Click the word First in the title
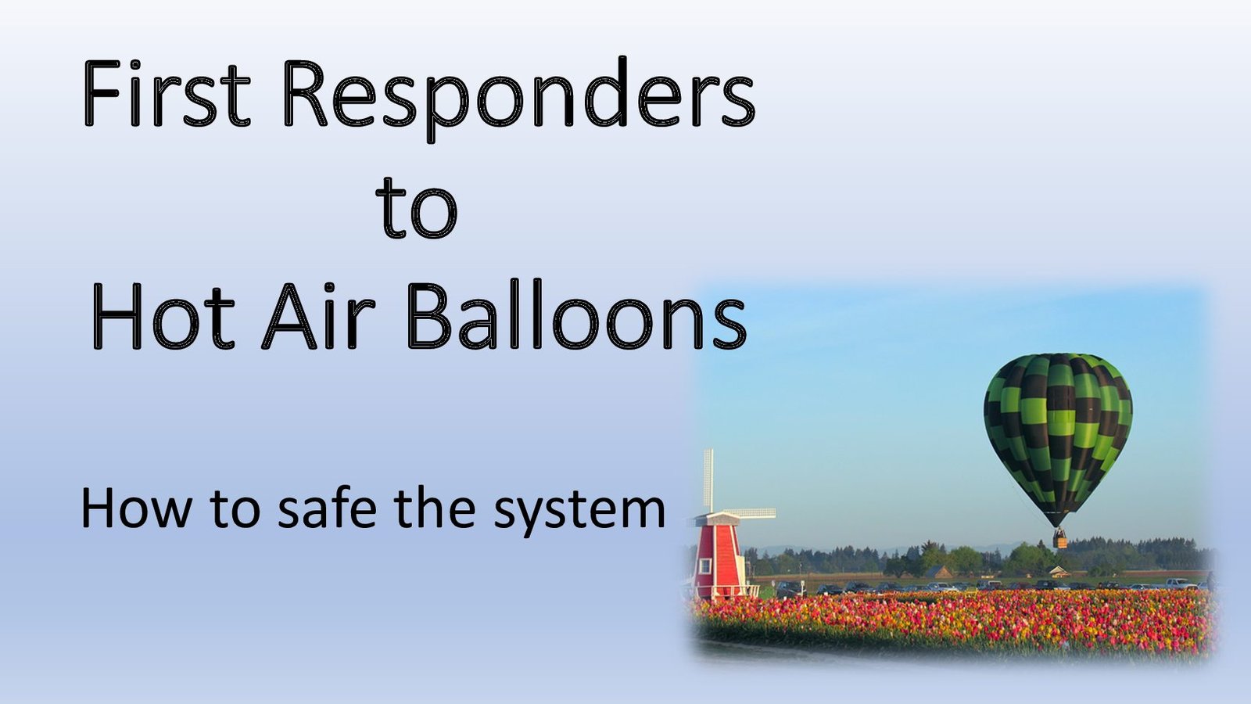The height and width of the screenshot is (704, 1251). (167, 93)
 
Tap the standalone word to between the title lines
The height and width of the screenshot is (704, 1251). (417, 208)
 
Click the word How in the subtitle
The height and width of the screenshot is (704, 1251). (136, 508)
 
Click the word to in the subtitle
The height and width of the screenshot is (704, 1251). (235, 508)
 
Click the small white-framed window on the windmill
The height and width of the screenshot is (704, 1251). (704, 566)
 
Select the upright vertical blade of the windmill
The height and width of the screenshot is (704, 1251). (708, 480)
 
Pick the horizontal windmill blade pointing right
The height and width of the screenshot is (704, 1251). (748, 513)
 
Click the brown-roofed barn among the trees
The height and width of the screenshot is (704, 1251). (939, 571)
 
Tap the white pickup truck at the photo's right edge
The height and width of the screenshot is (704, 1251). (1181, 584)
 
